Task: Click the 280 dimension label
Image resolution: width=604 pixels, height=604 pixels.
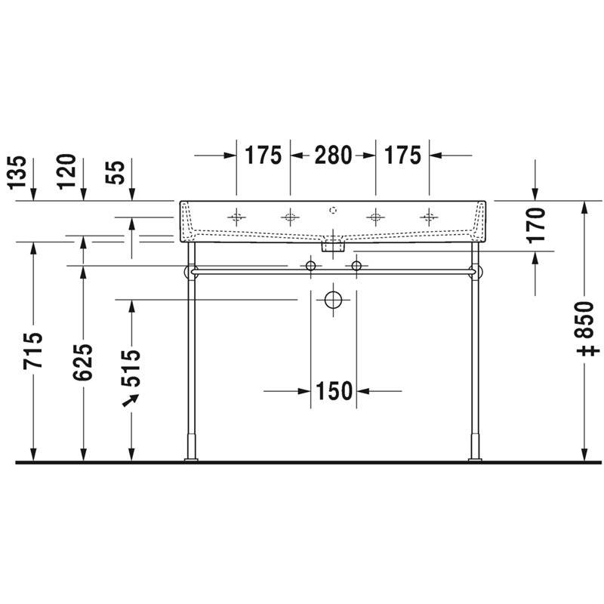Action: click(333, 156)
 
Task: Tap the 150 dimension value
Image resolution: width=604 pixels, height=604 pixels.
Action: click(334, 391)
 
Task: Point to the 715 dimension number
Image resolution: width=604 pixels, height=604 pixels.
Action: click(32, 351)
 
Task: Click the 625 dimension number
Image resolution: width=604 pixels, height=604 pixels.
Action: click(83, 362)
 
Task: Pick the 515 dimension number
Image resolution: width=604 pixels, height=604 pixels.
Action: click(131, 368)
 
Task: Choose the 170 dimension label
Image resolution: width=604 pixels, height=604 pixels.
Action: click(536, 225)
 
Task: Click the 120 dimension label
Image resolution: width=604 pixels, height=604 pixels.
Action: click(66, 172)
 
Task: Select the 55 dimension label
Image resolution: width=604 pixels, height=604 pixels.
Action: click(115, 172)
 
